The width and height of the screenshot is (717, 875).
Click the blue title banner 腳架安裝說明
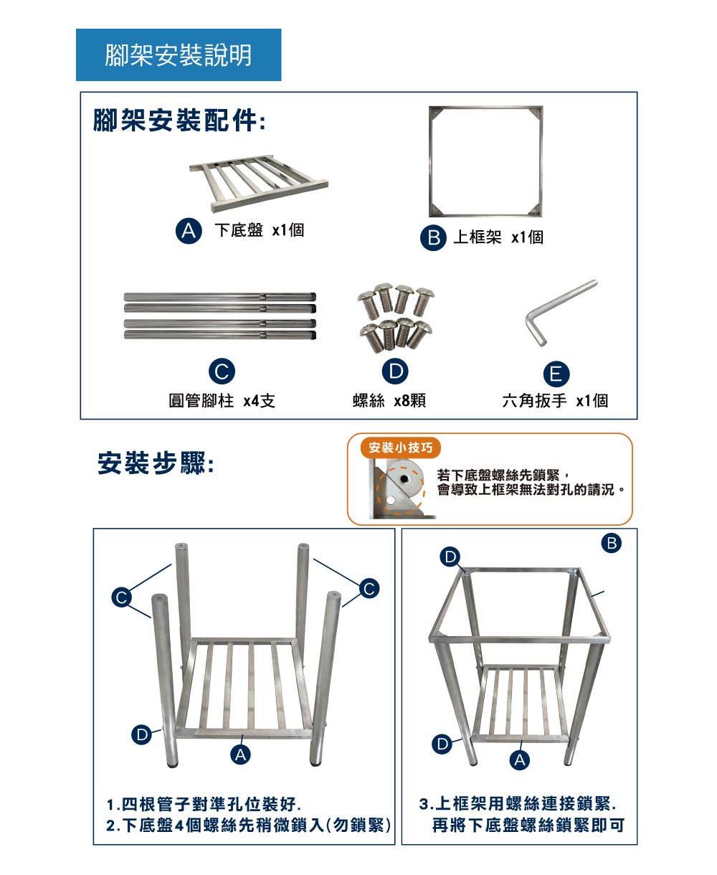point(179,55)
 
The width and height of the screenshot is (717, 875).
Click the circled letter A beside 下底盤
point(189,230)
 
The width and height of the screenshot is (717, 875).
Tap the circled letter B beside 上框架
point(433,237)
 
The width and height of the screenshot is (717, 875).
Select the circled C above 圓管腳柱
point(222,371)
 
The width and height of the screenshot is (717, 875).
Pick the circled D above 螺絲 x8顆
point(395,371)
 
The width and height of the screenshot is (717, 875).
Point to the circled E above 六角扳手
point(556,374)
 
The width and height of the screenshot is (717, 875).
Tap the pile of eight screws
point(396,318)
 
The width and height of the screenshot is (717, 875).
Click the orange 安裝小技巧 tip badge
point(400,448)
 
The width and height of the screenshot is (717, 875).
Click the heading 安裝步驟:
point(156,463)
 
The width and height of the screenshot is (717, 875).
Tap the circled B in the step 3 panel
point(612,543)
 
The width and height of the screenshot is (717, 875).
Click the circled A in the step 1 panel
point(240,755)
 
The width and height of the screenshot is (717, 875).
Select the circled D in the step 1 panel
point(141,734)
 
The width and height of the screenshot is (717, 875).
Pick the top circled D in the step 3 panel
point(450,557)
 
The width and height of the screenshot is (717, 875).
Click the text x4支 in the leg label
point(259,401)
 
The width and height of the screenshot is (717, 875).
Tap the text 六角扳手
point(534,401)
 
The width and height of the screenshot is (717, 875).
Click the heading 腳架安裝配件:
point(179,120)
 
